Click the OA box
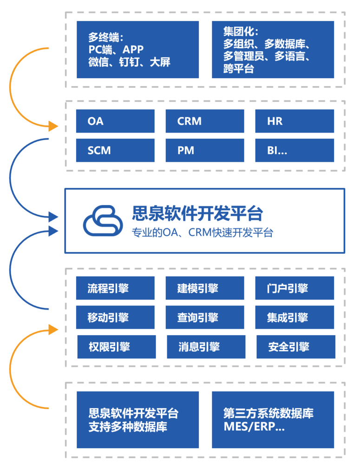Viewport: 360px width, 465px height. tap(115, 121)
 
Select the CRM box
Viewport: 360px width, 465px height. tap(205, 121)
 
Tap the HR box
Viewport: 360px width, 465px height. tap(295, 121)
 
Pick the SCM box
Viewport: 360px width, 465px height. tap(115, 150)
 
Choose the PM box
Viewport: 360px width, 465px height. tap(205, 150)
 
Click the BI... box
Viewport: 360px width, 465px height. tap(295, 150)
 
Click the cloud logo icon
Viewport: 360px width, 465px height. tap(103, 220)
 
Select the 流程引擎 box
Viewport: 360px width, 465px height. tap(115, 288)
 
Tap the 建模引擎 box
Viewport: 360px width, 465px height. tap(205, 288)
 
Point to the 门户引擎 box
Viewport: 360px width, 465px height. tap(295, 288)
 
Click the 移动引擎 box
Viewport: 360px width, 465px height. tap(115, 317)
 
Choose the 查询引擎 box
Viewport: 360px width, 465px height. tap(205, 317)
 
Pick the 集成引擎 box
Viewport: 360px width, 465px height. tap(295, 317)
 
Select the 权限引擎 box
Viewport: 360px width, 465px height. tap(117, 347)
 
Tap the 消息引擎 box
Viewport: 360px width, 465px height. tap(206, 347)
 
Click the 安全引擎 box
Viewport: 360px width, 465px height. tap(296, 347)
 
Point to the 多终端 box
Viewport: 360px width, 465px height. tap(138, 50)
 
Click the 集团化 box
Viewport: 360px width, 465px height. tap(273, 50)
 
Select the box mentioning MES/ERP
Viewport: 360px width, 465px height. tap(273, 419)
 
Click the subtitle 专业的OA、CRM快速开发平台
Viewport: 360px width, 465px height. tap(203, 232)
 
